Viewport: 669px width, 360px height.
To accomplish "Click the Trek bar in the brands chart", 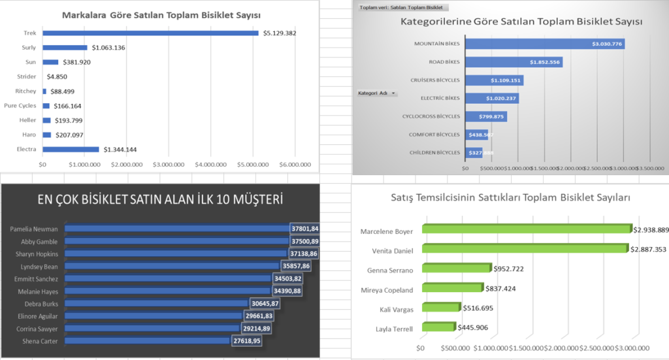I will click(150, 33).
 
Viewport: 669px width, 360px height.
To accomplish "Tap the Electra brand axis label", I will click(26, 149).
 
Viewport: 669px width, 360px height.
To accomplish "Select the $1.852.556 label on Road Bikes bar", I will click(545, 62).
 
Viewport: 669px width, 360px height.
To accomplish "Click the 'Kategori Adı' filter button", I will click(377, 93).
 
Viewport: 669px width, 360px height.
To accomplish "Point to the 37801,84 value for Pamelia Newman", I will click(306, 229).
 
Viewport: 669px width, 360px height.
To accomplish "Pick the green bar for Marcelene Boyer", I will click(527, 229).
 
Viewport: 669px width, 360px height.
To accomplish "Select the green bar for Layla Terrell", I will click(438, 327).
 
